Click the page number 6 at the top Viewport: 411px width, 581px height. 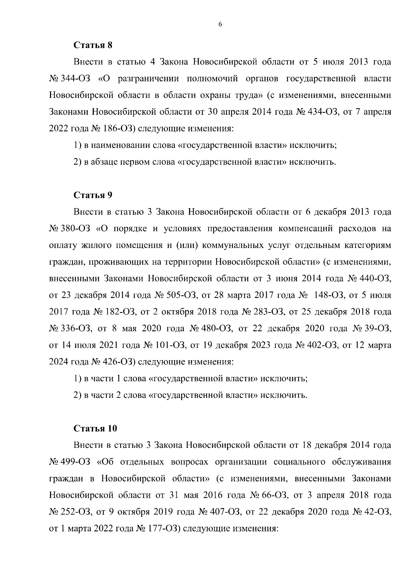[220, 24]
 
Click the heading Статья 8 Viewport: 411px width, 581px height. [93, 45]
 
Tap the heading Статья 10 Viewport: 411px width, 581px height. [96, 429]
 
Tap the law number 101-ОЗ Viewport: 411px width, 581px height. [170, 345]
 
